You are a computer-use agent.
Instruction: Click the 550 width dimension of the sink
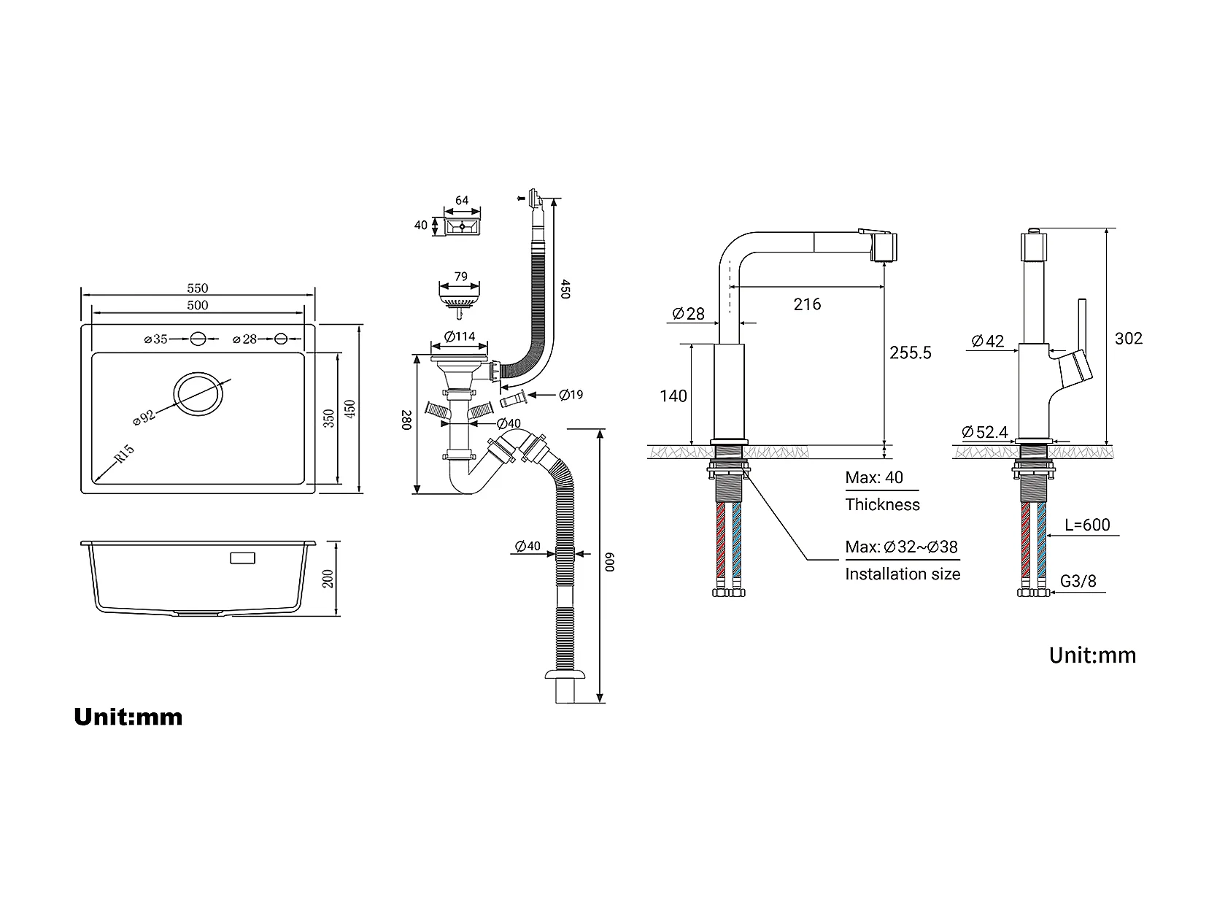(198, 288)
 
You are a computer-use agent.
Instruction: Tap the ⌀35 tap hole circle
(198, 339)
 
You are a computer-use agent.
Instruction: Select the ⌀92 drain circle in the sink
(198, 393)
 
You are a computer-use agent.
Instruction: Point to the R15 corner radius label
(124, 453)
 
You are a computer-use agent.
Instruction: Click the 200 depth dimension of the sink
(328, 579)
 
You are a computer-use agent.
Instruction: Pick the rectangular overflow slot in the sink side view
(243, 558)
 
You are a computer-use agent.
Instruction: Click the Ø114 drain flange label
(460, 336)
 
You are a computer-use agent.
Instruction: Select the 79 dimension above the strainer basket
(460, 276)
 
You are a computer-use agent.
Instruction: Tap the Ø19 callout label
(571, 395)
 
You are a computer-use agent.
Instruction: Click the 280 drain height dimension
(406, 420)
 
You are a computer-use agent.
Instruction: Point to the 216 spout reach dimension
(807, 304)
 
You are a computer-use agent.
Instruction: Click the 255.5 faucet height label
(911, 353)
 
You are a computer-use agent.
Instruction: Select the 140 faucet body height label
(673, 396)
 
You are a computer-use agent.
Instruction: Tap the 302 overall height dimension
(1128, 338)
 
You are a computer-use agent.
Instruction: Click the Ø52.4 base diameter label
(985, 432)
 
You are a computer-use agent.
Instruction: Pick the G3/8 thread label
(1078, 581)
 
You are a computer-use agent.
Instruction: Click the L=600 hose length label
(1087, 525)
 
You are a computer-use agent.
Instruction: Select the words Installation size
(903, 574)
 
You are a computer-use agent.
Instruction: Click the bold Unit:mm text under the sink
(128, 717)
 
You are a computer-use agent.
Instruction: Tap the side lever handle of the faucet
(1082, 327)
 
